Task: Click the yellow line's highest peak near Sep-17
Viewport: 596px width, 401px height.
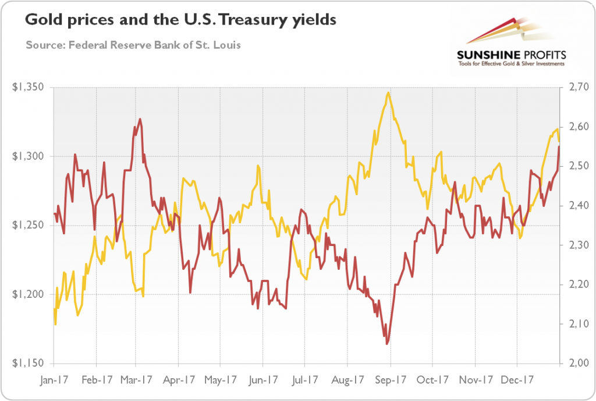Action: click(388, 92)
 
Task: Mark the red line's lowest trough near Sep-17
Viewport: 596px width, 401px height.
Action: click(387, 344)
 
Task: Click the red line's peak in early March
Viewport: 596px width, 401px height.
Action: click(140, 119)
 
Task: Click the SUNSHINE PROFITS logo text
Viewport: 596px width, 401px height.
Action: click(511, 55)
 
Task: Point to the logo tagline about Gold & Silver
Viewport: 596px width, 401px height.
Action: click(511, 64)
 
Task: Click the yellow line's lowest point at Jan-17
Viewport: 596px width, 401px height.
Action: click(55, 324)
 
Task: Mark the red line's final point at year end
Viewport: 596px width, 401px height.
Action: click(559, 147)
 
